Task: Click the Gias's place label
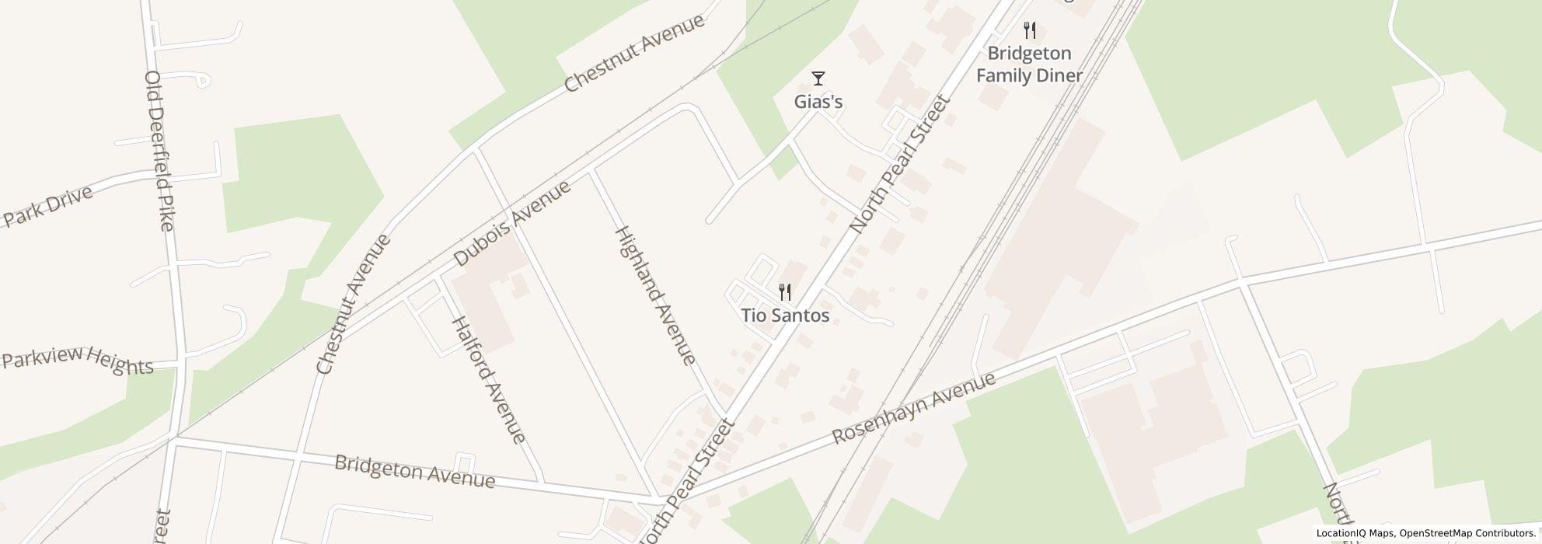[x=818, y=102]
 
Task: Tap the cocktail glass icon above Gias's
[x=818, y=78]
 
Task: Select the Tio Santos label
[x=785, y=316]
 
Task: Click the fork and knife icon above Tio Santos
[x=785, y=292]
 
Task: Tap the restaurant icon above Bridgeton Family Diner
[x=1030, y=30]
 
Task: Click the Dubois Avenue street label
[x=512, y=223]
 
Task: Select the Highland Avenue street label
[x=654, y=295]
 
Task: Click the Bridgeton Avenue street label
[x=414, y=472]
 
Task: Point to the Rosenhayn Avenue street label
[x=913, y=408]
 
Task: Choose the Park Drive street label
[x=48, y=206]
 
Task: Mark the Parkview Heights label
[x=78, y=361]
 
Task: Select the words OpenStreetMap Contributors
[x=1467, y=533]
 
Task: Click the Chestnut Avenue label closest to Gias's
[x=634, y=53]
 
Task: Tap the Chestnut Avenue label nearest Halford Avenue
[x=354, y=304]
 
